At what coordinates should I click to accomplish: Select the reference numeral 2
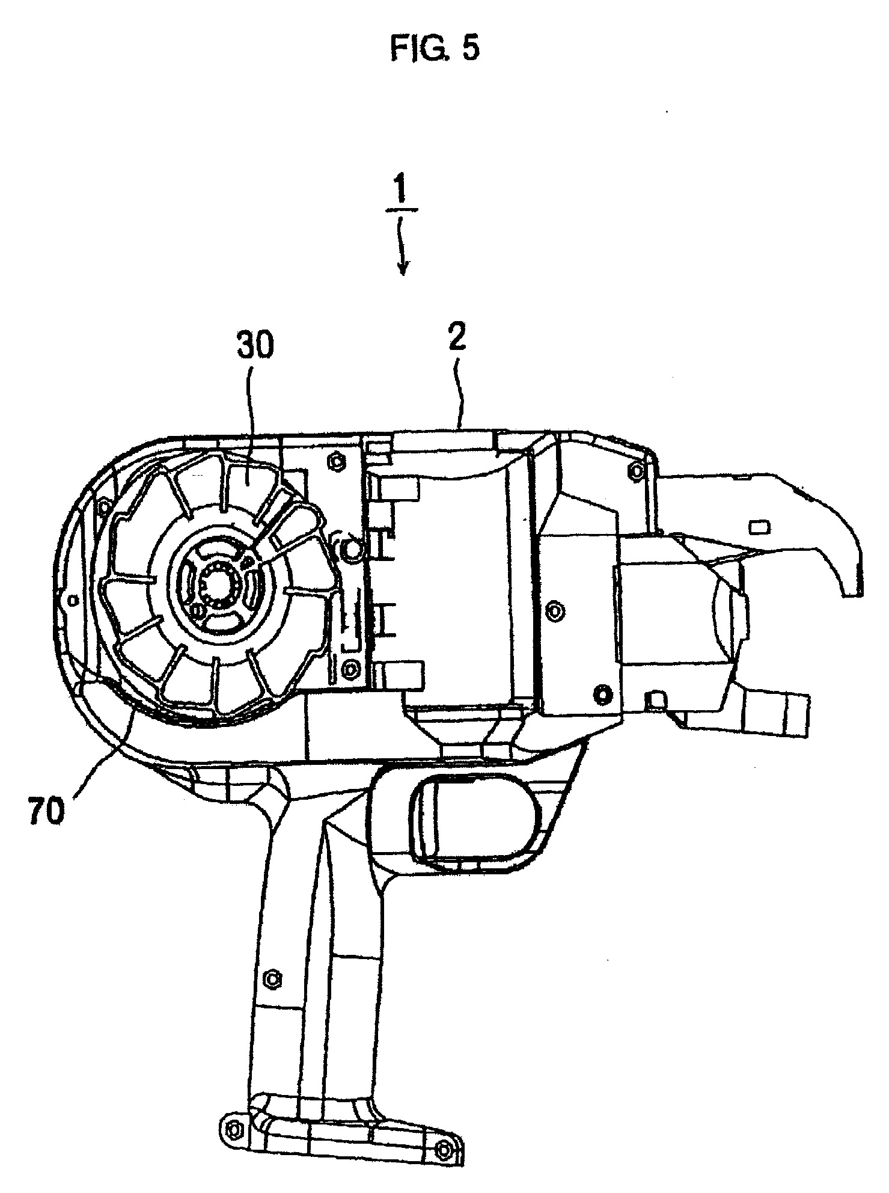click(x=456, y=339)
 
